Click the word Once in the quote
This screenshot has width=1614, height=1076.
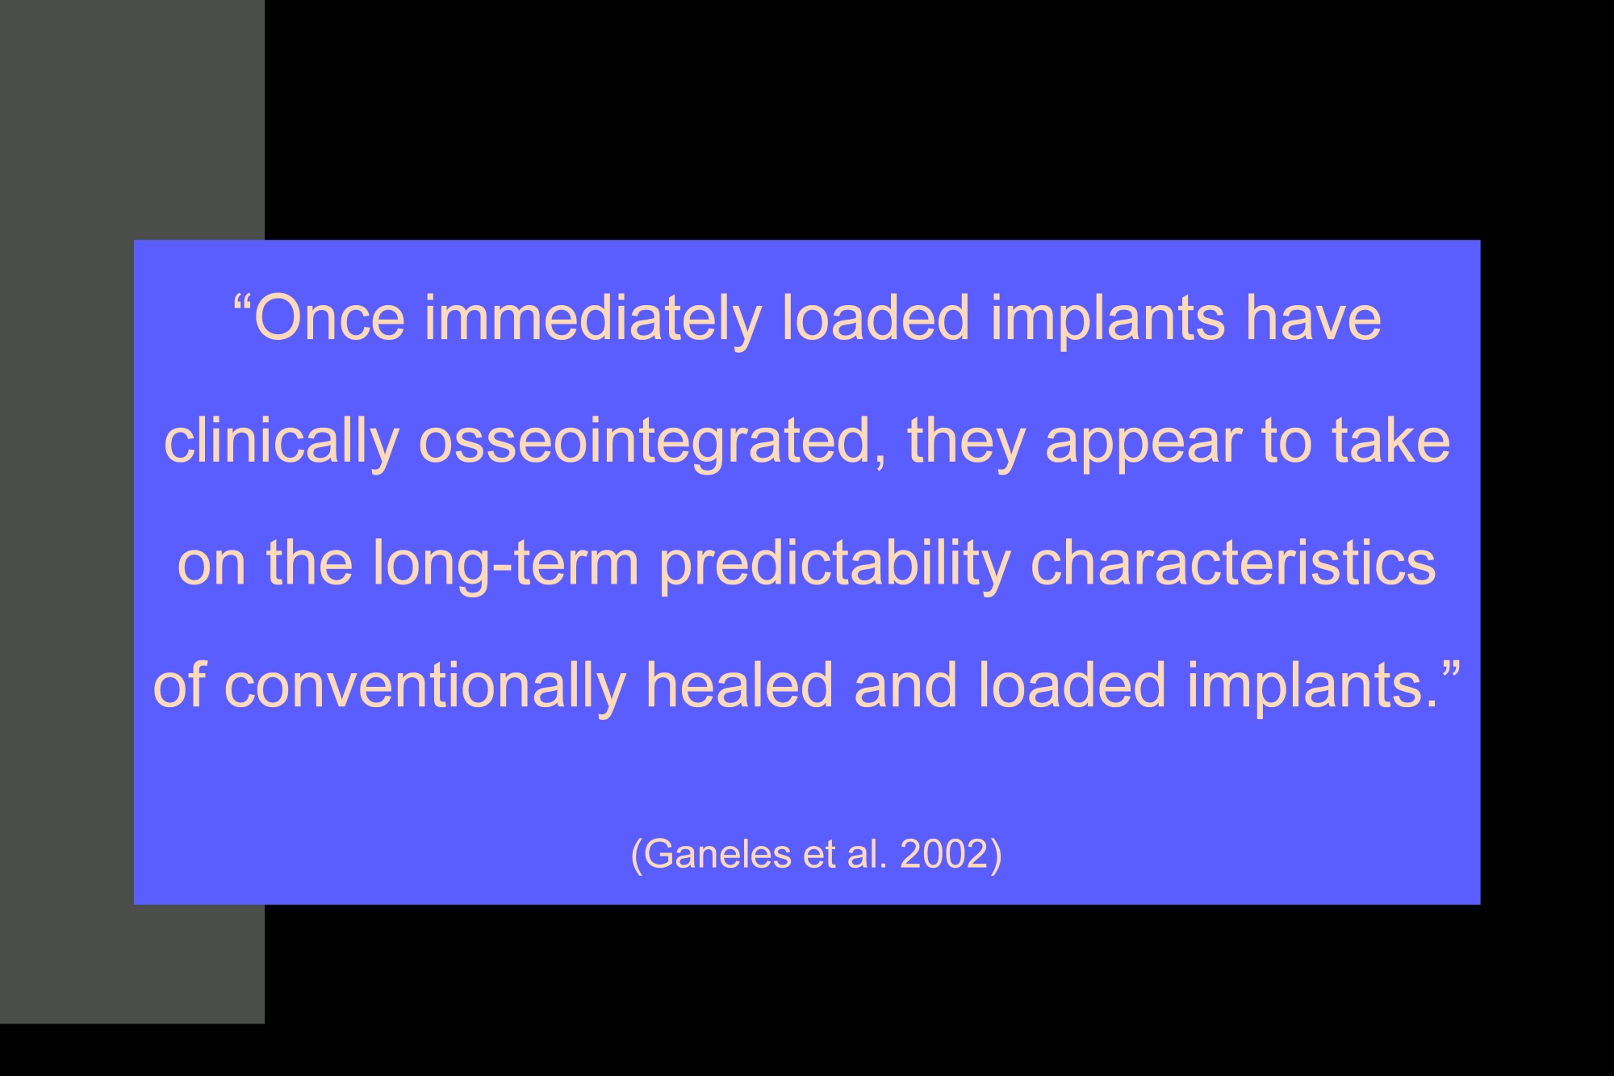click(329, 318)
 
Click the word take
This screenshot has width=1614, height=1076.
click(1390, 441)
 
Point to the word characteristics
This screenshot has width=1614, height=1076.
click(1234, 561)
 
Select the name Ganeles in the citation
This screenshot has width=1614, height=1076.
click(717, 854)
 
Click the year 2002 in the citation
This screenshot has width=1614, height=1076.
click(944, 854)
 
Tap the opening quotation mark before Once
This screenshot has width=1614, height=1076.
click(241, 304)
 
